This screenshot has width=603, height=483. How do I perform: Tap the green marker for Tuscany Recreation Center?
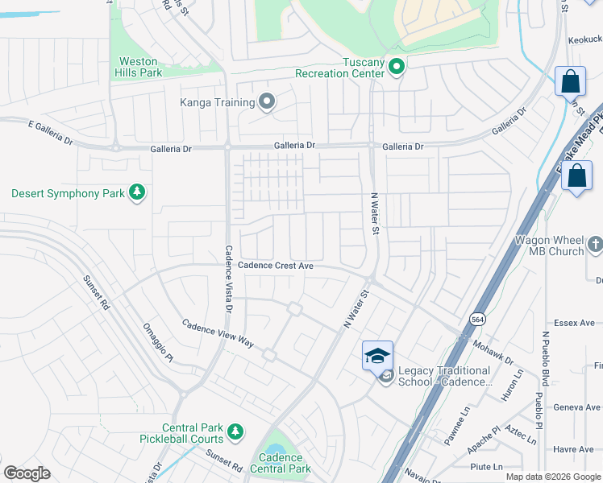(x=396, y=68)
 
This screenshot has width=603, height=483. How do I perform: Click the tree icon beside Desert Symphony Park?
(x=138, y=192)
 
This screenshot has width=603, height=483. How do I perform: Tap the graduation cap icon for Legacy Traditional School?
(x=377, y=354)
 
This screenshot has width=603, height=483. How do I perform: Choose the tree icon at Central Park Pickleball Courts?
(x=235, y=432)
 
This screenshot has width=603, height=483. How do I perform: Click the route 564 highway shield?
(x=478, y=318)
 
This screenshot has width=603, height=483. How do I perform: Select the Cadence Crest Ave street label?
(x=275, y=266)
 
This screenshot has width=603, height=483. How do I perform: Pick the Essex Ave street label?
(x=574, y=323)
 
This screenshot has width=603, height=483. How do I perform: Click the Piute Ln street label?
(x=487, y=467)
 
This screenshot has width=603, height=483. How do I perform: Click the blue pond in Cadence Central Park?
(x=275, y=454)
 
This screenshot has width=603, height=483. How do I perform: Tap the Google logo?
(x=27, y=473)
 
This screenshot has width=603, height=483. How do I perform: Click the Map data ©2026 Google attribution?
(x=553, y=477)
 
